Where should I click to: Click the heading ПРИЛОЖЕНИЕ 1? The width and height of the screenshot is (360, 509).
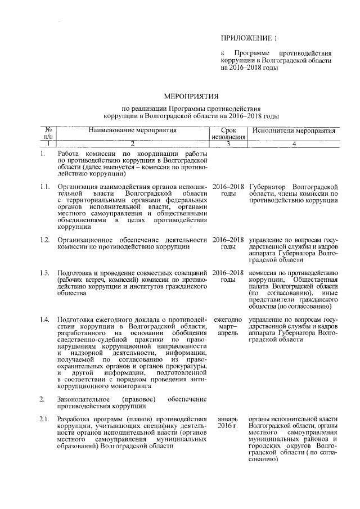249,38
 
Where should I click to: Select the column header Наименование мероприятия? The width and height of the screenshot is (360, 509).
132,130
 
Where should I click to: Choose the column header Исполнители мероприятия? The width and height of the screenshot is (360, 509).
294,130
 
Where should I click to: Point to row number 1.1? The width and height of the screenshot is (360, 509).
46,186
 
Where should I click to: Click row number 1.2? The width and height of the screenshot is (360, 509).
46,240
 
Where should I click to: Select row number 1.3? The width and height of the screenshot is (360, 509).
46,273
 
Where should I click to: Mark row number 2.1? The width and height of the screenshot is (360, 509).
46,419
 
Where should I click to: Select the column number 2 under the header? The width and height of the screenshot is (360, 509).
132,144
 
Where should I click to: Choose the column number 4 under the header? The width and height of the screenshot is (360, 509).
294,144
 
